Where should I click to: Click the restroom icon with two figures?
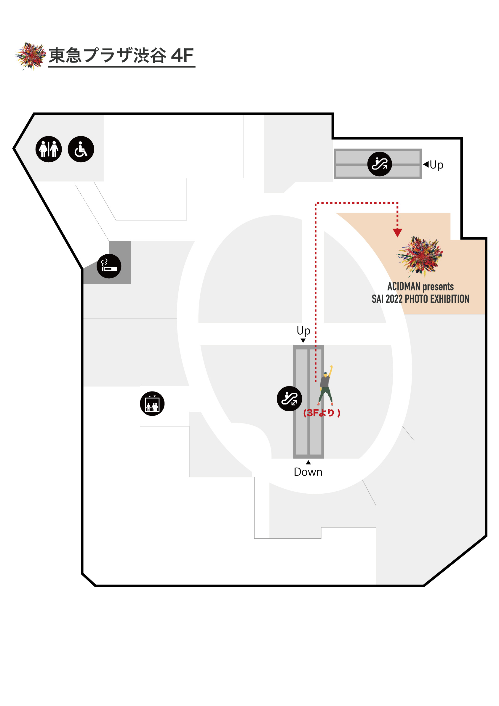(49, 149)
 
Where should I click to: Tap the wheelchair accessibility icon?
(81, 149)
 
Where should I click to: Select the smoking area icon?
(109, 266)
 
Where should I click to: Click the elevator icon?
(152, 403)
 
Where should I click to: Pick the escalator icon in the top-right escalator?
(379, 164)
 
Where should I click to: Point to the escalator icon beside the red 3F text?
(289, 399)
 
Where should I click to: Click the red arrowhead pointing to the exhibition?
(397, 232)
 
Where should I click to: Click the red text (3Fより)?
(322, 413)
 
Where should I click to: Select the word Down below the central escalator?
(308, 472)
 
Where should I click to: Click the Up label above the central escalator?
(303, 331)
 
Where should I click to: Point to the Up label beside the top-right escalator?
(436, 165)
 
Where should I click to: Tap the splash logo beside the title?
(30, 56)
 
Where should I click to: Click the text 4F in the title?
(182, 55)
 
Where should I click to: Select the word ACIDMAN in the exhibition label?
(404, 287)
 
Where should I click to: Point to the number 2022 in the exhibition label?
(394, 299)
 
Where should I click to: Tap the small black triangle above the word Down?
(308, 463)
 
